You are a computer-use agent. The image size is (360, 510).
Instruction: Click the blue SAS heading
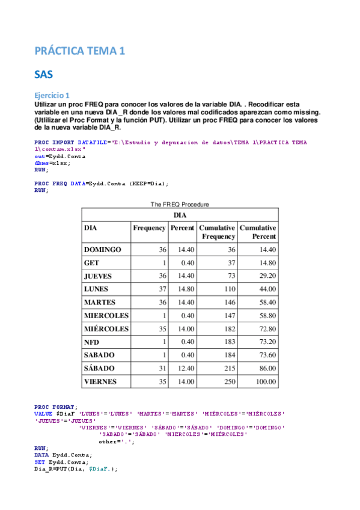coord(44,75)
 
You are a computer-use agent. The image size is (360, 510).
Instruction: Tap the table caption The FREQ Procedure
coord(180,204)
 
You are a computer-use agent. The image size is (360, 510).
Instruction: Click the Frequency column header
coord(149,229)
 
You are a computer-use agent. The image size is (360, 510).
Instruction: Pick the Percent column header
coord(183,229)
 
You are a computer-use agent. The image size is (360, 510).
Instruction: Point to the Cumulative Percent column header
coord(258,232)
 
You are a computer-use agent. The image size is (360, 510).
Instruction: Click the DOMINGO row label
coord(103,250)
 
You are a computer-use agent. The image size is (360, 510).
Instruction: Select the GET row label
coord(92,263)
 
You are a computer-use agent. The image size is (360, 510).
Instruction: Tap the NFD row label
coord(92,342)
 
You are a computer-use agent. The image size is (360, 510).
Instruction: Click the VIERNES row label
coord(101,381)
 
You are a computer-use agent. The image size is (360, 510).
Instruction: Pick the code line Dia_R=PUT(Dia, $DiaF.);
coord(76,469)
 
